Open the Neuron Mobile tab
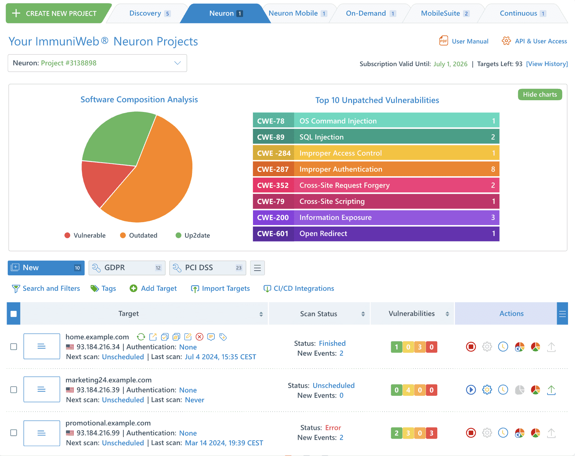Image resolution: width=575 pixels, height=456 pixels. click(298, 13)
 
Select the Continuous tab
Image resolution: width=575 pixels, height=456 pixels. click(522, 13)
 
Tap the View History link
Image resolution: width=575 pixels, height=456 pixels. click(547, 64)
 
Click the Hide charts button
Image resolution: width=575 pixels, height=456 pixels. click(540, 95)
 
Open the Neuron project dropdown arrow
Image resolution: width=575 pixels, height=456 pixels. click(177, 63)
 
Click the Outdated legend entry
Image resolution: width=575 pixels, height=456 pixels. click(139, 235)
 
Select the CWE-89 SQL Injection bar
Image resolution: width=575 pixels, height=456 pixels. click(376, 137)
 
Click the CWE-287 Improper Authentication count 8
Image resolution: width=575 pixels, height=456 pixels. click(493, 169)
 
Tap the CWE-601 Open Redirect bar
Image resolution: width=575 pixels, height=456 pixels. click(376, 234)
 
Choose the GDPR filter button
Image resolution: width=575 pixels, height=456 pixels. click(127, 268)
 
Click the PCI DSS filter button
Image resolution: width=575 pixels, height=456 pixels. click(207, 268)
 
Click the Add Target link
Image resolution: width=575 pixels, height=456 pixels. click(153, 289)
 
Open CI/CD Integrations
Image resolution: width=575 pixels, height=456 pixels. click(299, 289)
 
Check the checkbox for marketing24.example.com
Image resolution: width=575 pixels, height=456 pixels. click(14, 390)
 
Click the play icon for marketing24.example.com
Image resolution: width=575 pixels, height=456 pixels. click(471, 390)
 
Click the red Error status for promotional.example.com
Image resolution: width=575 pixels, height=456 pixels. click(333, 428)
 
